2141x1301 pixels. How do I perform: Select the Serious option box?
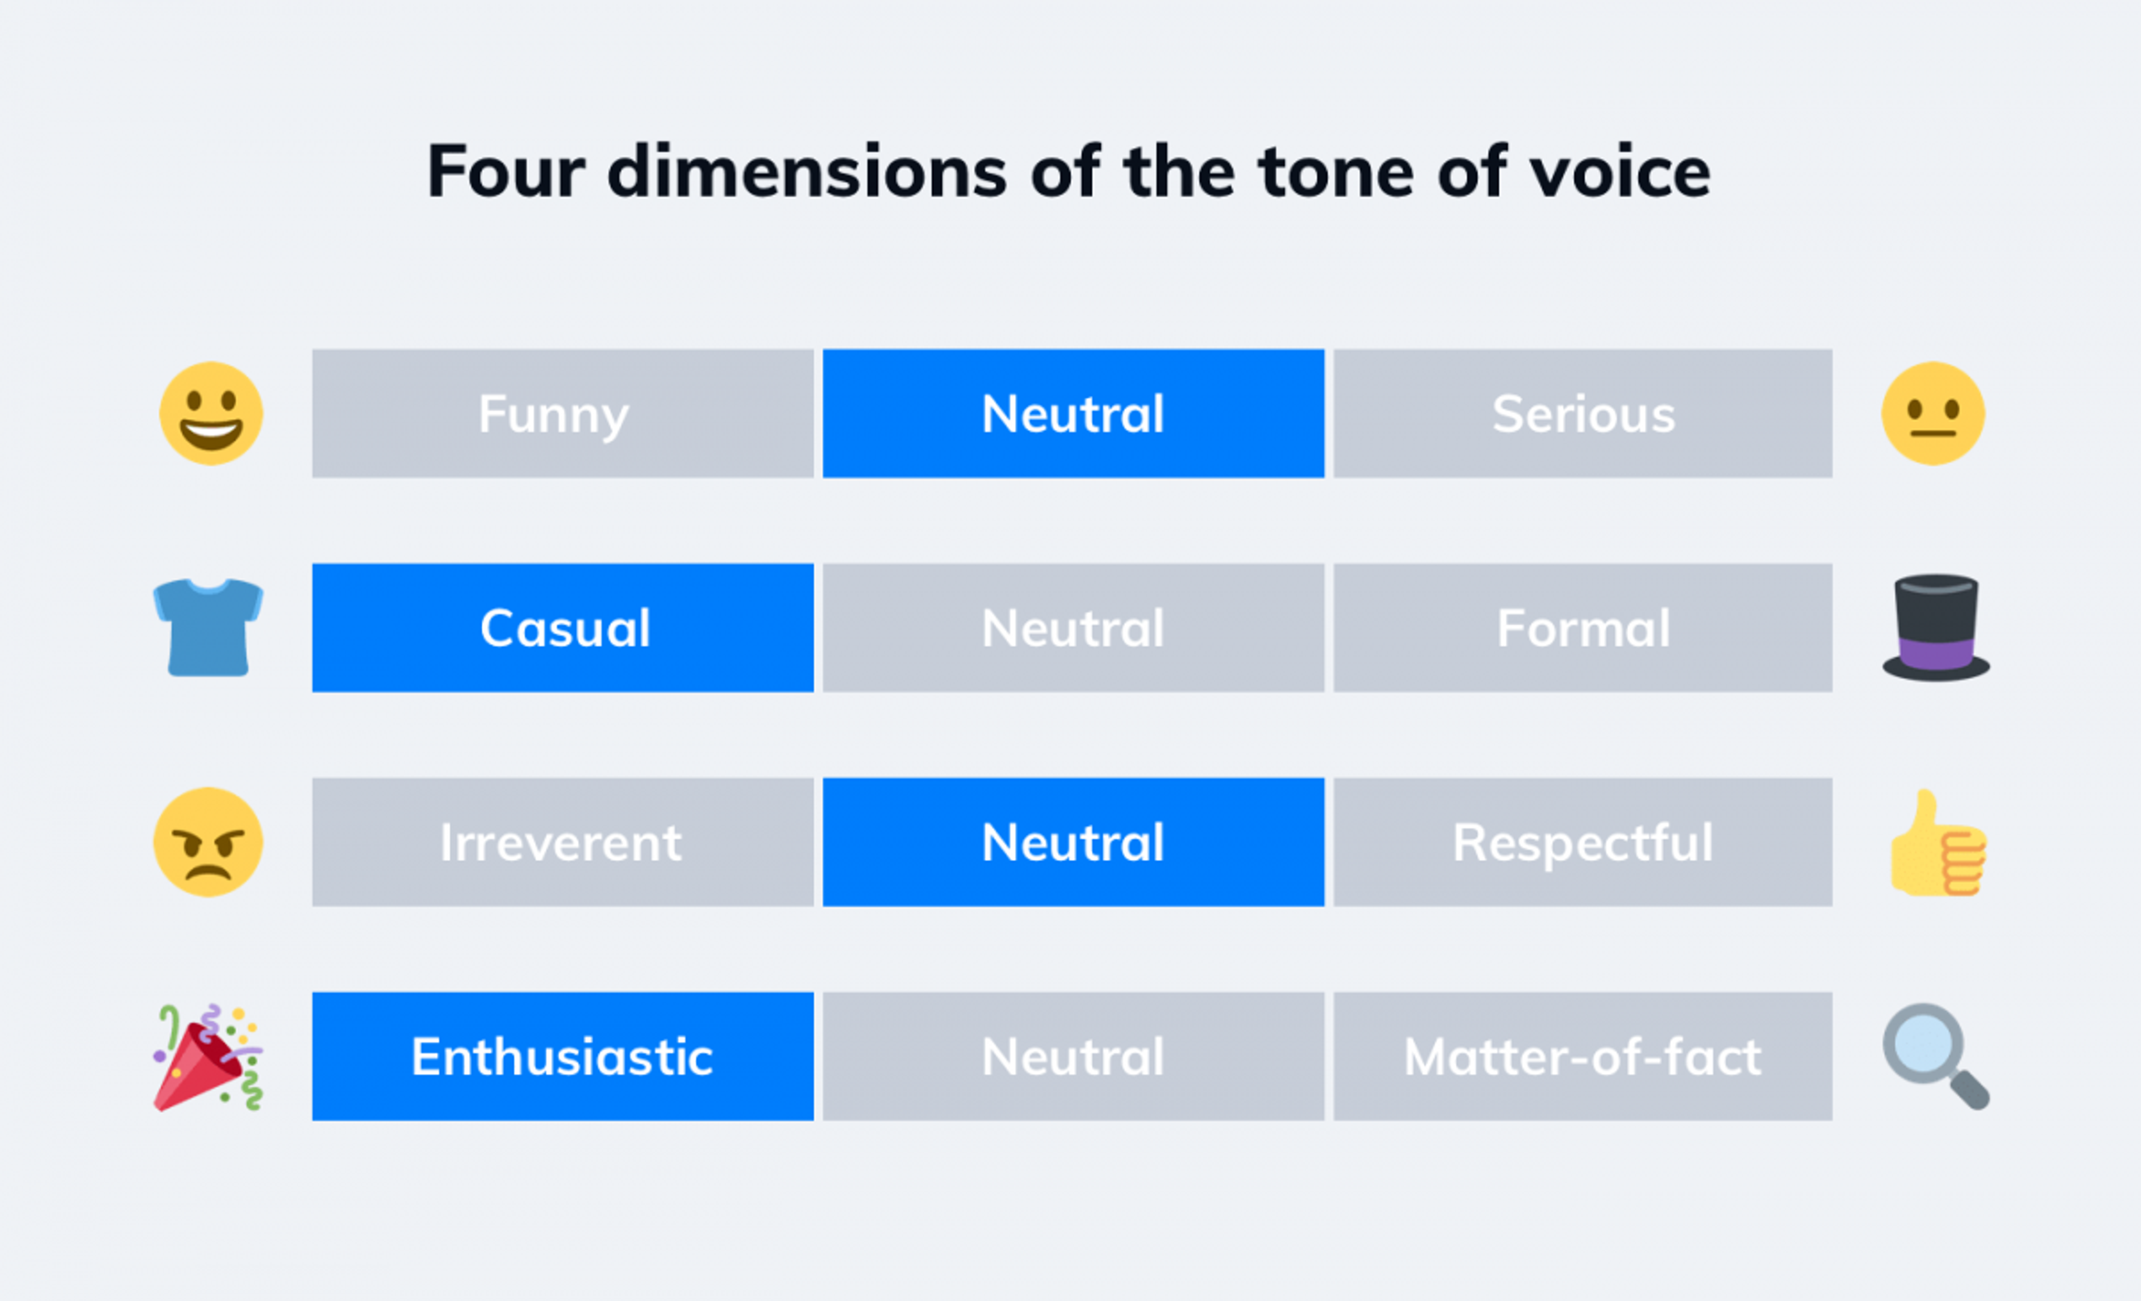(1582, 414)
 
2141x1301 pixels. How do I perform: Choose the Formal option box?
(1582, 627)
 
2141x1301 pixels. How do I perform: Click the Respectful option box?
(1582, 842)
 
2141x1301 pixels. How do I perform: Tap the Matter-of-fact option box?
(1582, 1056)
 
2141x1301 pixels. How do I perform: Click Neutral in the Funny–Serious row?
(1073, 414)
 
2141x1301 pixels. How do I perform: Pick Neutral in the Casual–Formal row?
(1073, 627)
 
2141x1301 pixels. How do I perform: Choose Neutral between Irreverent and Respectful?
(1073, 842)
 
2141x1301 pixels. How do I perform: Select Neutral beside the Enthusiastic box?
(1073, 1056)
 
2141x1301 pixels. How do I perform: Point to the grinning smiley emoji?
(211, 414)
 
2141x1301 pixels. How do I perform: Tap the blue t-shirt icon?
(209, 627)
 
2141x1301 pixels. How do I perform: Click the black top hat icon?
(1936, 627)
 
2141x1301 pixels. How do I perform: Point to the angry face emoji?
(209, 842)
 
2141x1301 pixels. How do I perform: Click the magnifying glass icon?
(1935, 1056)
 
